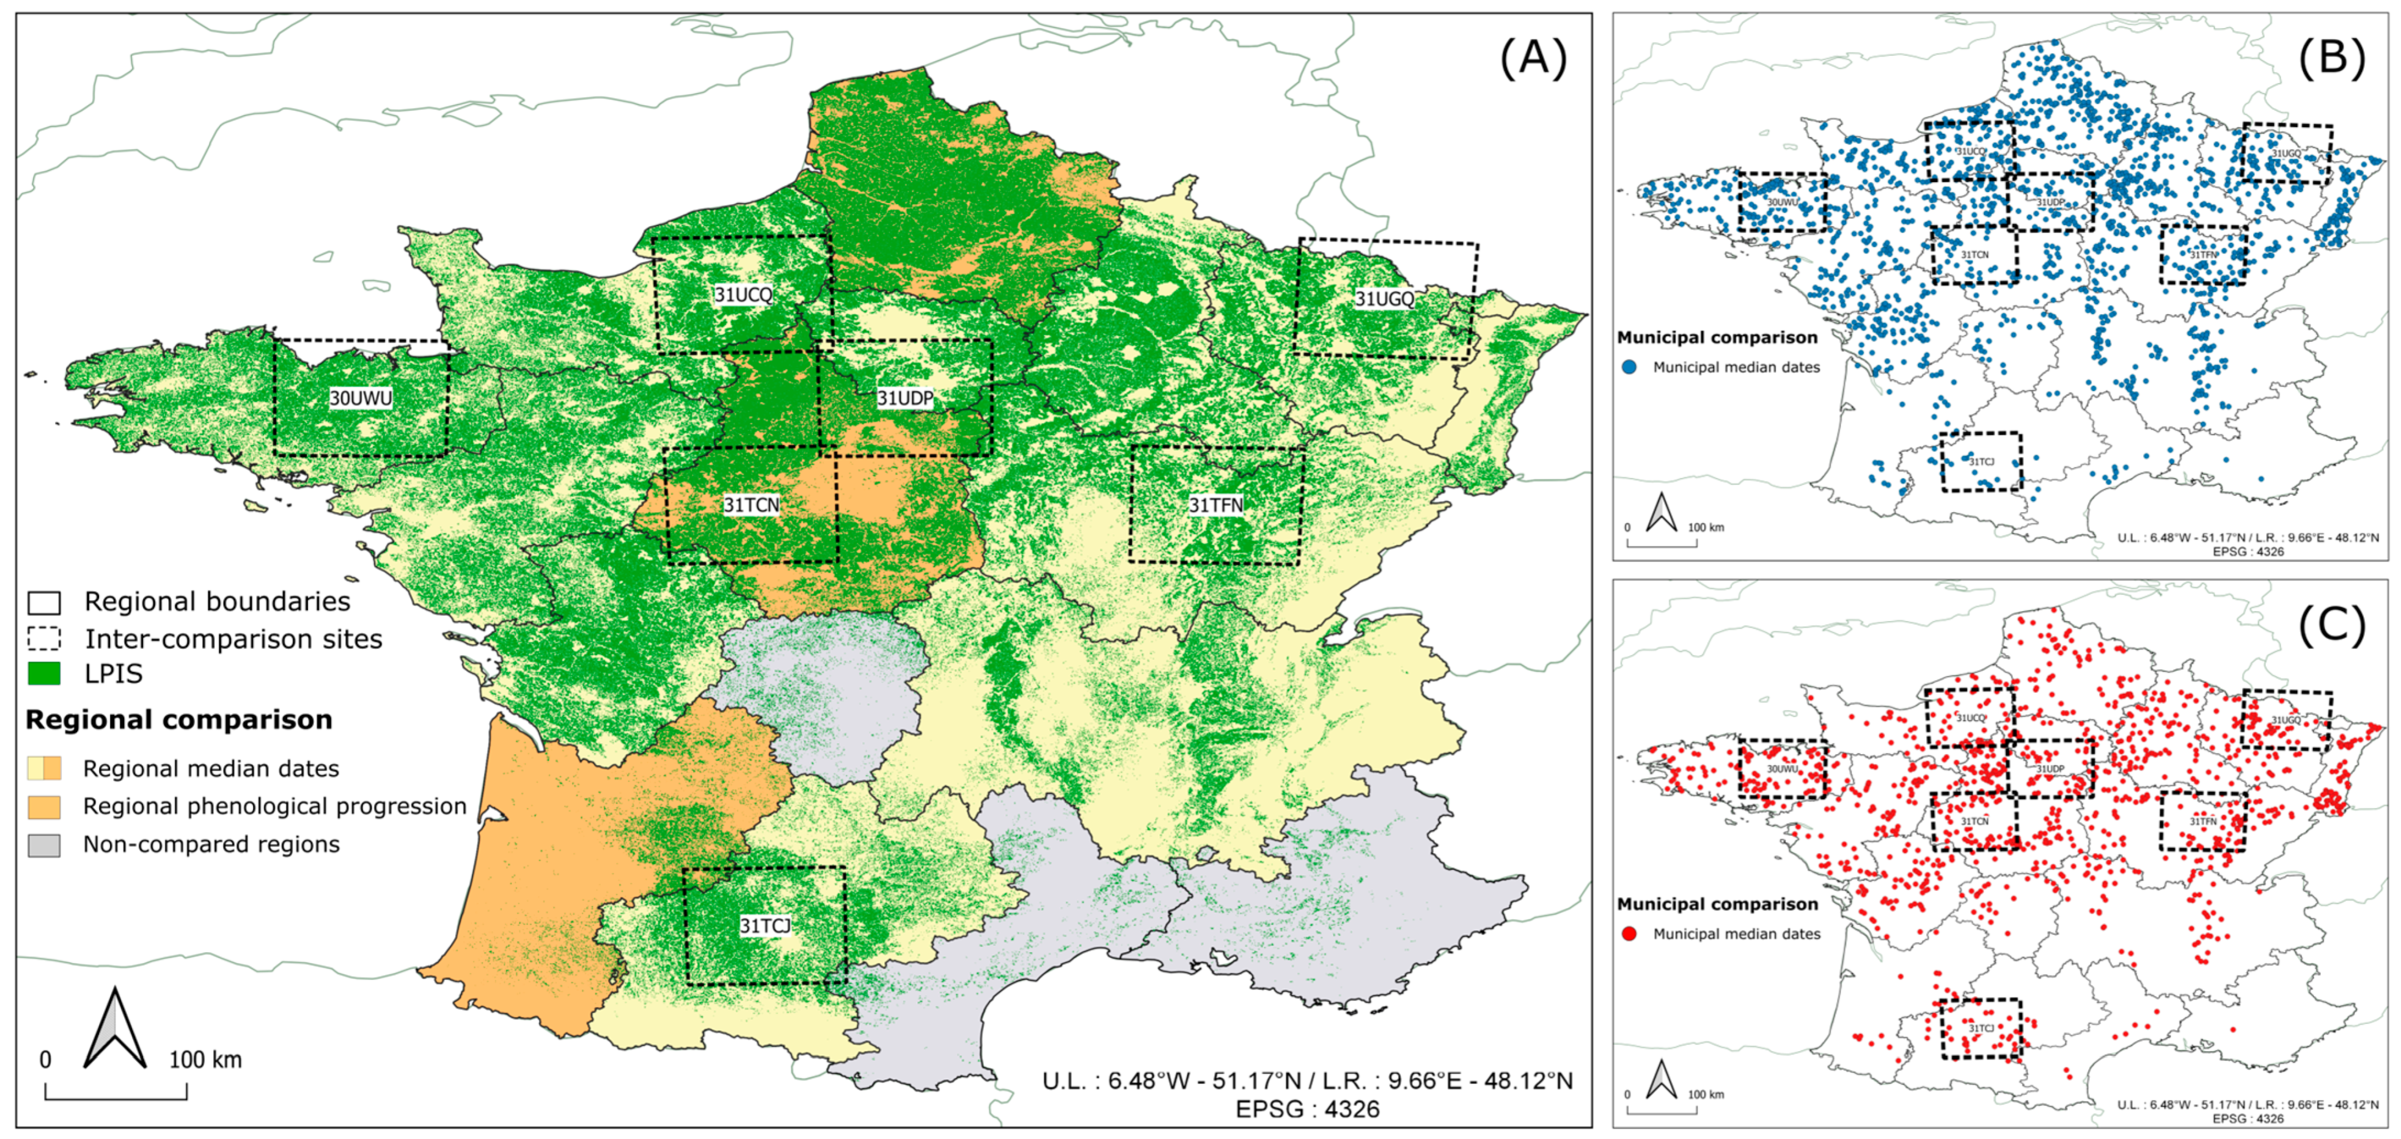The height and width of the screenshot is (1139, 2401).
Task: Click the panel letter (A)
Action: pos(1533,59)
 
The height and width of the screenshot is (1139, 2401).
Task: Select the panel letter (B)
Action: pos(2331,59)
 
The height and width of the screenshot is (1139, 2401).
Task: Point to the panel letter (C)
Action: pos(2331,626)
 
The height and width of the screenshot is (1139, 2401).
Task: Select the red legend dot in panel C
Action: pos(1629,934)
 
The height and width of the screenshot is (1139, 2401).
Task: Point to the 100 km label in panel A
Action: pos(205,1060)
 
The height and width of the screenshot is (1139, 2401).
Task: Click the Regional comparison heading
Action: pos(179,720)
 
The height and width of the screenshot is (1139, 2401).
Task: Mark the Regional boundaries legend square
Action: pos(44,602)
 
